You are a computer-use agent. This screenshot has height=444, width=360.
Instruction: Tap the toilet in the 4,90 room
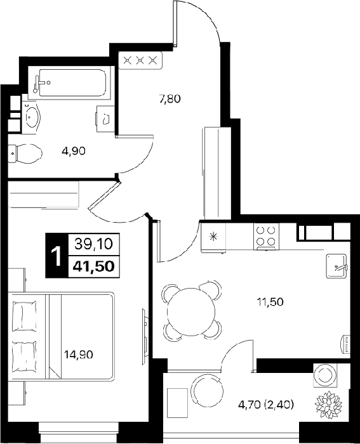click(x=25, y=153)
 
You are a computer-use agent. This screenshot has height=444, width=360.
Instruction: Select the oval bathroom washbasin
click(x=32, y=116)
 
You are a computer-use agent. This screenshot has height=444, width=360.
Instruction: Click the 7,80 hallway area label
click(x=170, y=99)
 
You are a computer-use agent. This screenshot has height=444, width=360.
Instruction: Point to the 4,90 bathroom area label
click(x=74, y=151)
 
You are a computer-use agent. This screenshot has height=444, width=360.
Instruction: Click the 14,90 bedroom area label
click(x=79, y=354)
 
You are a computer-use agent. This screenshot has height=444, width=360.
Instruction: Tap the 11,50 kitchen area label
click(x=270, y=302)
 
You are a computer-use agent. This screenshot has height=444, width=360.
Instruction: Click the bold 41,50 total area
click(x=94, y=266)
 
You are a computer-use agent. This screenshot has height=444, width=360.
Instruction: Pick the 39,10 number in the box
click(x=94, y=244)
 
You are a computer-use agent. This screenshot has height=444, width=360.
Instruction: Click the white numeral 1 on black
click(x=57, y=256)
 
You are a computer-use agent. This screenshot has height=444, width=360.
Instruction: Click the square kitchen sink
click(x=337, y=266)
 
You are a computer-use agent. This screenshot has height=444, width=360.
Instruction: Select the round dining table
click(x=190, y=311)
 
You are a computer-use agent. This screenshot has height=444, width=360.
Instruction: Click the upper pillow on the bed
click(x=25, y=315)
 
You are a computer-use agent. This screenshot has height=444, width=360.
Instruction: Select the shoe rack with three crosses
click(x=140, y=60)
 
